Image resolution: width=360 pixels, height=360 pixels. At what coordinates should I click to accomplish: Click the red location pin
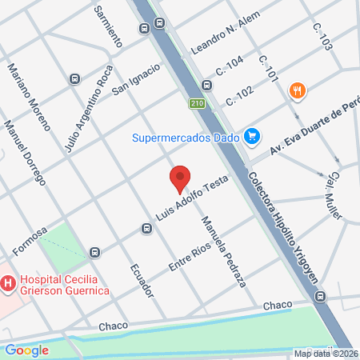coord(180,178)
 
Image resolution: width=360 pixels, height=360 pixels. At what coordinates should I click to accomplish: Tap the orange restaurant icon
coord(297,90)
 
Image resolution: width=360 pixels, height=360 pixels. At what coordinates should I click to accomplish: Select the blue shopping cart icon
coord(252,136)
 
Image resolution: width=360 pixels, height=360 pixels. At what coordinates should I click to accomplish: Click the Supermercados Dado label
coord(188,137)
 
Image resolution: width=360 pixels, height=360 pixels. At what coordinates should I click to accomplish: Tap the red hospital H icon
coord(8,282)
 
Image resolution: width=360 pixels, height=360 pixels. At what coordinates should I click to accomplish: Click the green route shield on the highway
coord(197,103)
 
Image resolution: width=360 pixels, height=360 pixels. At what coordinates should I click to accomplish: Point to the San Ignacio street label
coord(136,78)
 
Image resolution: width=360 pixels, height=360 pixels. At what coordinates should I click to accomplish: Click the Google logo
coord(26,350)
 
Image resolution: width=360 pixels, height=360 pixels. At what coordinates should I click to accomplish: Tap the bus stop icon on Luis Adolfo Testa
coord(146,229)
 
